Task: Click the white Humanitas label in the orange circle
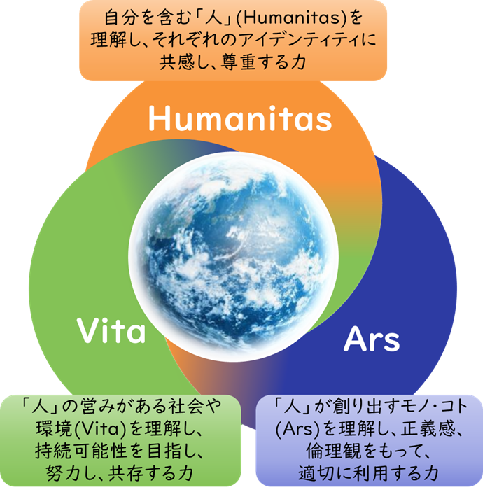(x=240, y=118)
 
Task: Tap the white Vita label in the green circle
(x=111, y=330)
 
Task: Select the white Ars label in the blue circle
(x=372, y=339)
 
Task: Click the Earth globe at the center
(x=234, y=256)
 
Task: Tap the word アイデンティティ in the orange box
(x=299, y=40)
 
